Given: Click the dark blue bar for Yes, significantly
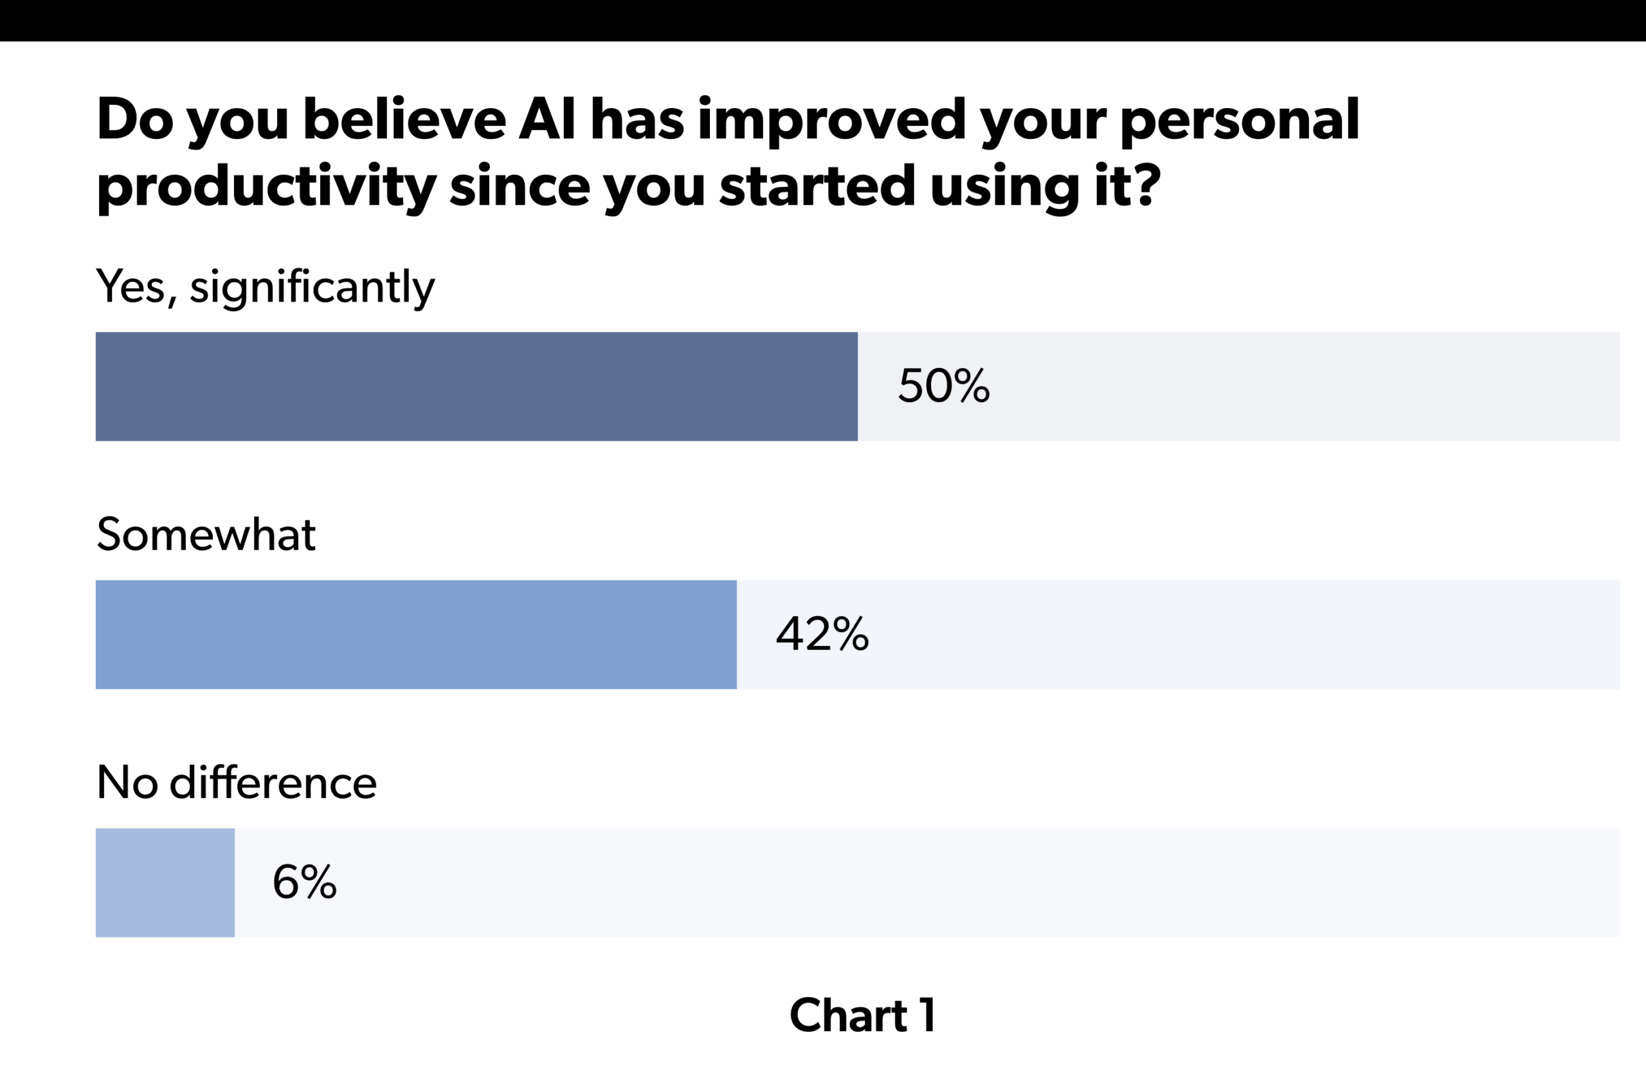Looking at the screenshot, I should [x=476, y=386].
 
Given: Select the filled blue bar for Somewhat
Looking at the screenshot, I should [x=415, y=634].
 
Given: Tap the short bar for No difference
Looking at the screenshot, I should [x=165, y=882].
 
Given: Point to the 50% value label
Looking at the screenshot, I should [x=943, y=386].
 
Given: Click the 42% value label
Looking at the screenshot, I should [x=822, y=634].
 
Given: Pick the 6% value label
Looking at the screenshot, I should [x=304, y=882].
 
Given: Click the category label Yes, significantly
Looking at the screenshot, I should [x=266, y=286].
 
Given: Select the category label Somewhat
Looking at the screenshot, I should [x=206, y=534].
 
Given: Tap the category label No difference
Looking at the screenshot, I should [x=237, y=782].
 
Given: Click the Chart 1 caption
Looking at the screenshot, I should [x=862, y=1016].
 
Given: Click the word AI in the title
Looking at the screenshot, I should [x=547, y=119].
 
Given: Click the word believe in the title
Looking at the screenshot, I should [x=404, y=119].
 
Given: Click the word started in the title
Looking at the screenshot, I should [x=817, y=185].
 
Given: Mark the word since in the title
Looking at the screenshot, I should [x=520, y=185].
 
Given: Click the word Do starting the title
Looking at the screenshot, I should [x=134, y=119].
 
